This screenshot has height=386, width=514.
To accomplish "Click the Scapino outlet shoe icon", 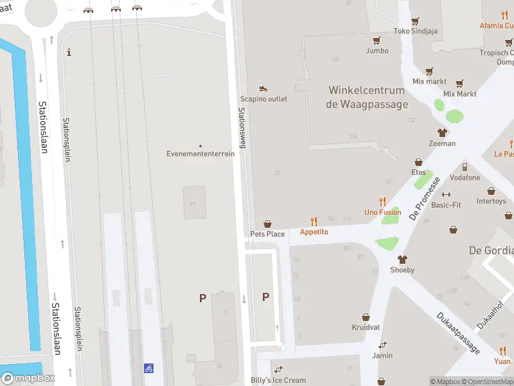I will (x=263, y=88).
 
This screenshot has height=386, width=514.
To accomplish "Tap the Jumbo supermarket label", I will (x=377, y=50).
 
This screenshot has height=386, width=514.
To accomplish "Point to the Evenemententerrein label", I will (x=200, y=154).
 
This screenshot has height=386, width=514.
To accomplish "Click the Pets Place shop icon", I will (x=267, y=223).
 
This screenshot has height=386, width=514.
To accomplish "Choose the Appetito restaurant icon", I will (x=314, y=221).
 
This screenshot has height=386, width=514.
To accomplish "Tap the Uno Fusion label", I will (x=382, y=212).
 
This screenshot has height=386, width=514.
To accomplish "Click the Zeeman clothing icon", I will (x=442, y=133).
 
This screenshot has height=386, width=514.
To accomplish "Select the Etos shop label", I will (x=418, y=172).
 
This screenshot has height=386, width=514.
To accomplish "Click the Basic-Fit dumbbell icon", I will (x=446, y=194).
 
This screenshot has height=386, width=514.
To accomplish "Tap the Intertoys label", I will (x=491, y=201).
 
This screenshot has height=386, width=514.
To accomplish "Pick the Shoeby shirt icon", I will (x=403, y=260).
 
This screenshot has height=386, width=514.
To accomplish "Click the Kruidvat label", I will (x=366, y=327).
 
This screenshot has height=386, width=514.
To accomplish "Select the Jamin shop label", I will (x=382, y=355).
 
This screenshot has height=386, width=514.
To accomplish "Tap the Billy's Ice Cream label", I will (x=278, y=380).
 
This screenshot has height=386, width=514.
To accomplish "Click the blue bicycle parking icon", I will (x=149, y=368).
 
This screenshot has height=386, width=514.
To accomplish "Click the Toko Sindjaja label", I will (x=415, y=31).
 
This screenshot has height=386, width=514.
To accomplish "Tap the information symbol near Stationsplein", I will (x=69, y=52).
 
